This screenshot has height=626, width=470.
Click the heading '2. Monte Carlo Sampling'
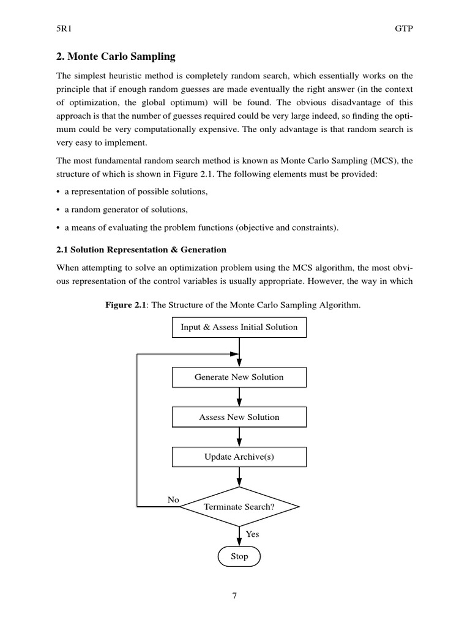pyautogui.click(x=116, y=57)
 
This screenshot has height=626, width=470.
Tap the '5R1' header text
pyautogui.click(x=64, y=28)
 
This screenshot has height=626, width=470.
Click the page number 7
pyautogui.click(x=234, y=597)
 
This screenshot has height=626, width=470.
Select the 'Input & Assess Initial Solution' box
pyautogui.click(x=239, y=327)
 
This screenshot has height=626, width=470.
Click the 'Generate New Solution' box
pyautogui.click(x=239, y=377)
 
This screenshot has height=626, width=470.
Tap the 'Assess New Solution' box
pyautogui.click(x=239, y=417)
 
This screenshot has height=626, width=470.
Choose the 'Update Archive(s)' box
pyautogui.click(x=239, y=457)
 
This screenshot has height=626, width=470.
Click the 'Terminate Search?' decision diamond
pyautogui.click(x=239, y=507)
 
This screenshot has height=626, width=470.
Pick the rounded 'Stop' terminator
pyautogui.click(x=239, y=556)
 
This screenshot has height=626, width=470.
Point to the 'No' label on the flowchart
pyautogui.click(x=173, y=500)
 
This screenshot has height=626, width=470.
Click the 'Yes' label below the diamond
pyautogui.click(x=252, y=534)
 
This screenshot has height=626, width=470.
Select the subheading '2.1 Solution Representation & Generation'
pyautogui.click(x=141, y=249)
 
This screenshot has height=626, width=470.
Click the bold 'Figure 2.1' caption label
pyautogui.click(x=127, y=305)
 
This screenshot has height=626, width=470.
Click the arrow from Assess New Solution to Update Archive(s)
pyautogui.click(x=239, y=436)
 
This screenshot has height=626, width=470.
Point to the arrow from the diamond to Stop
pyautogui.click(x=239, y=536)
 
